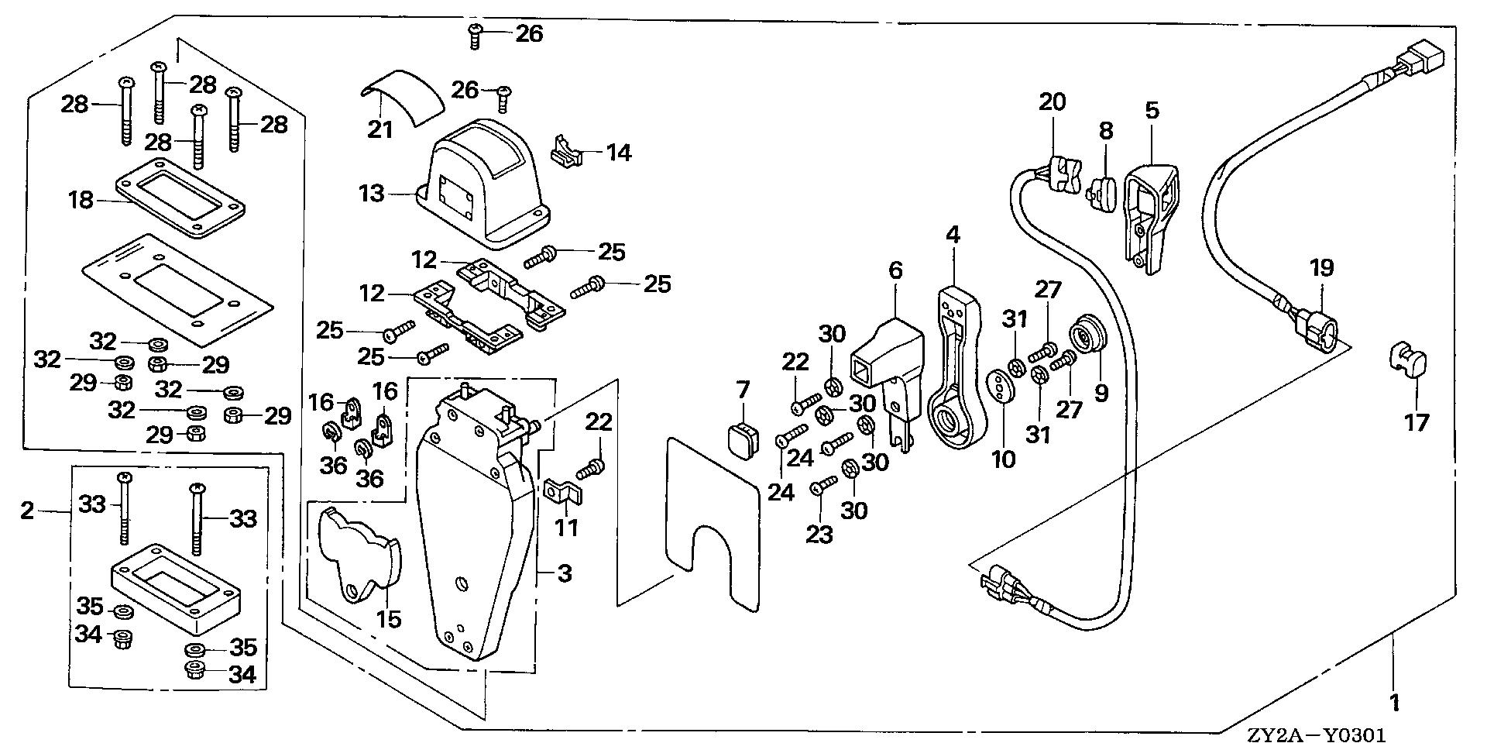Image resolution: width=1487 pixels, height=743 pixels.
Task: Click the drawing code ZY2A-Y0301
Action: [1316, 733]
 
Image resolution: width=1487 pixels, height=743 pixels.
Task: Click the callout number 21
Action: [380, 129]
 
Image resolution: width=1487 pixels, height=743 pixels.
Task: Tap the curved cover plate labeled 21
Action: [403, 95]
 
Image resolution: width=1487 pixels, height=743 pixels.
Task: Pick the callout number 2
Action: [27, 511]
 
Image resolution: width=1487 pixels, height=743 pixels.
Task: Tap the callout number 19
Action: [1321, 268]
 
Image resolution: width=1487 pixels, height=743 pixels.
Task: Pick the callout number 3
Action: [565, 574]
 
